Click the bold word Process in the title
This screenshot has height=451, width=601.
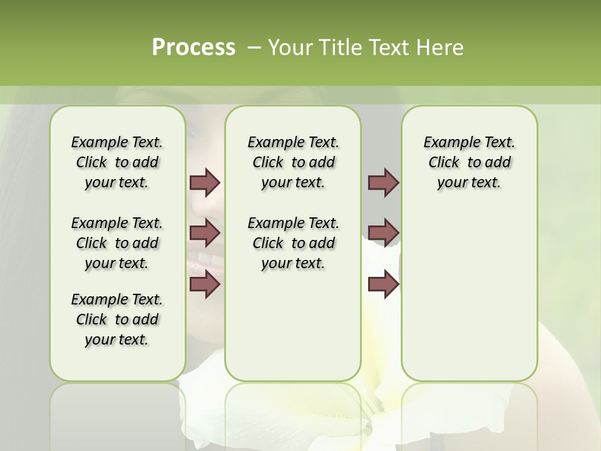193,48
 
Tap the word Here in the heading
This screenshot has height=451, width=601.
442,48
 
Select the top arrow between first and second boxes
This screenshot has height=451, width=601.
205,183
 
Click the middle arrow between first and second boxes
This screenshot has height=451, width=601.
205,233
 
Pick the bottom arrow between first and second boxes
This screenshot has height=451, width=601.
205,284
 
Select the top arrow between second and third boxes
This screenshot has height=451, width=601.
383,183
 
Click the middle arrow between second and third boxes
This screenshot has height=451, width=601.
383,233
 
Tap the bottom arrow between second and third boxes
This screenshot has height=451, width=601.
383,284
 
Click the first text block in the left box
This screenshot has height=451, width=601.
117,162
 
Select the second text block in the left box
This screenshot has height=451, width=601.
117,243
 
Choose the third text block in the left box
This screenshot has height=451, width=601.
117,319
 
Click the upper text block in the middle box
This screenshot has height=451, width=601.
293,162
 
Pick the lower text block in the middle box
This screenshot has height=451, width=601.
293,243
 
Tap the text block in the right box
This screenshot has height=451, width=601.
469,162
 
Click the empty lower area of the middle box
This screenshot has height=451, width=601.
293,326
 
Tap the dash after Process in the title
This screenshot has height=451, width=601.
254,48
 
